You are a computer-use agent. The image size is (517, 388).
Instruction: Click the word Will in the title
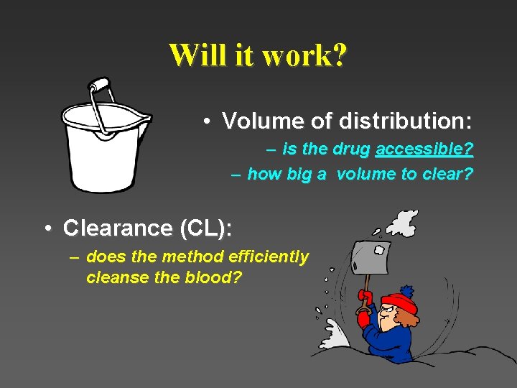pos(194,55)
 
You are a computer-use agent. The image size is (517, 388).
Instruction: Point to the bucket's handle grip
pos(101,85)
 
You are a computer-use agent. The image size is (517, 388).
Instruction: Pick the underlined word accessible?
pos(424,149)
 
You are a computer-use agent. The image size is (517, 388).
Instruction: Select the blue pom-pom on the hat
pos(406,291)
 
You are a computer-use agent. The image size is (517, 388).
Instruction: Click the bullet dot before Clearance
pos(47,228)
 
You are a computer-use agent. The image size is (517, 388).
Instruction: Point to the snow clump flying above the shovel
pos(401,223)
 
